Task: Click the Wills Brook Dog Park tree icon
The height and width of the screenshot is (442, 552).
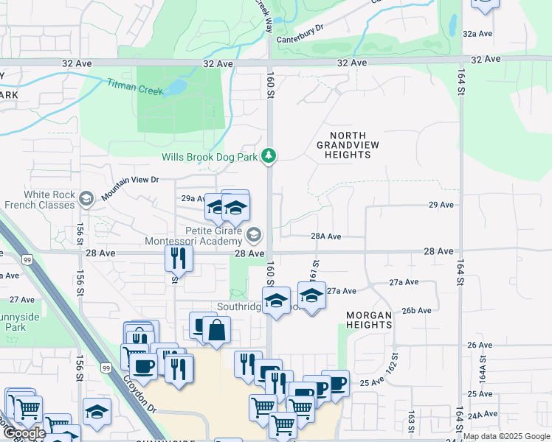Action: pyautogui.click(x=271, y=155)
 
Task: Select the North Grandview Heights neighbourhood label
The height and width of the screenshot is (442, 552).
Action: pyautogui.click(x=348, y=145)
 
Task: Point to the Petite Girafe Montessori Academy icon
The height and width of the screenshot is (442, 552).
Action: pyautogui.click(x=254, y=235)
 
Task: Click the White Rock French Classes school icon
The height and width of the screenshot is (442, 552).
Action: pyautogui.click(x=86, y=198)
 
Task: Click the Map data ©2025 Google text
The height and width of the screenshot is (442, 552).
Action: pyautogui.click(x=506, y=436)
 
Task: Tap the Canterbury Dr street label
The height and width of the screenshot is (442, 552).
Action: pyautogui.click(x=299, y=29)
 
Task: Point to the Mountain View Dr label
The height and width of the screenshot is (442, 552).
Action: pyautogui.click(x=130, y=184)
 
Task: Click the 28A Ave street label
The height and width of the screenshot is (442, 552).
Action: pyautogui.click(x=325, y=236)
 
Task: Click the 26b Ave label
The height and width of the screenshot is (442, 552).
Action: pyautogui.click(x=417, y=310)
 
